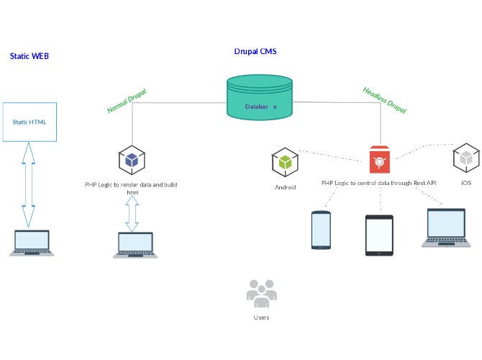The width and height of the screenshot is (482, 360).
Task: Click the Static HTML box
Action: (x=29, y=122)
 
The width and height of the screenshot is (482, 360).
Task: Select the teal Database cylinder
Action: (x=260, y=98)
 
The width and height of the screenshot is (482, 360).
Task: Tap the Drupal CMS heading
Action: (x=255, y=52)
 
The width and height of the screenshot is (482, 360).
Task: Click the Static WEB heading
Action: (x=29, y=55)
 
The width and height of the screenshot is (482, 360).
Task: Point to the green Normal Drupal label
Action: (x=127, y=101)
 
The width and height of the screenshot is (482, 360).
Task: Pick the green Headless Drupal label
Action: (x=384, y=100)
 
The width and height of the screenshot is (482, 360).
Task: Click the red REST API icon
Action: (x=379, y=160)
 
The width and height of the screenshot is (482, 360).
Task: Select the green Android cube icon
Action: (x=285, y=162)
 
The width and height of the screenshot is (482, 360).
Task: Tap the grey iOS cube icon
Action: (x=466, y=158)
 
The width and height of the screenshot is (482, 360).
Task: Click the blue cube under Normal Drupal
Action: (x=132, y=160)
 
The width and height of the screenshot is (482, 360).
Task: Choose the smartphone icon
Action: (x=321, y=230)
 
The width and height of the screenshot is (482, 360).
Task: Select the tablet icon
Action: (x=379, y=235)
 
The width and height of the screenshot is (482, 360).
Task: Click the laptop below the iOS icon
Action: (x=446, y=228)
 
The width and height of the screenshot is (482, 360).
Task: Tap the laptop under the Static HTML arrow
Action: (x=32, y=243)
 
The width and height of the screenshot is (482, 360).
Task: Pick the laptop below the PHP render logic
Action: (x=135, y=245)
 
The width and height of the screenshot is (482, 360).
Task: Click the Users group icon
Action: (x=261, y=292)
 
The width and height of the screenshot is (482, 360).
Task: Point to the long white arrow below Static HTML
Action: (x=28, y=184)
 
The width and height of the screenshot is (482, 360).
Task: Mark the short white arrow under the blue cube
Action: (x=132, y=213)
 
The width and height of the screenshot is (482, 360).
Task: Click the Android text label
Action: (x=286, y=187)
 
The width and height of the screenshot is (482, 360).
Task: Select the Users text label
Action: (x=261, y=317)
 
